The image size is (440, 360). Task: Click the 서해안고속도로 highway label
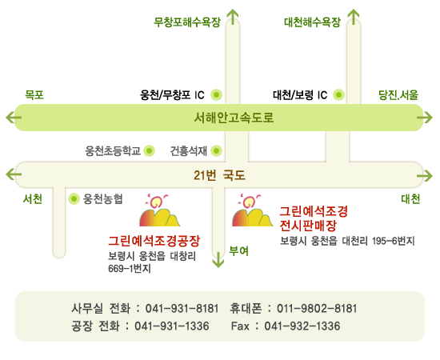[x=234, y=118]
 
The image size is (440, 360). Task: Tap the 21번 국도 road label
[x=219, y=175]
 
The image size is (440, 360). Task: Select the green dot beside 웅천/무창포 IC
[x=216, y=95]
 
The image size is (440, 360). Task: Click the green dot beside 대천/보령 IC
[x=338, y=95]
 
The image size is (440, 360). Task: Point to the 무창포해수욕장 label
[x=187, y=22]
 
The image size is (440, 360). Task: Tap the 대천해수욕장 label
[x=312, y=22]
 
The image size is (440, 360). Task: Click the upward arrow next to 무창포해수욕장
[x=233, y=17]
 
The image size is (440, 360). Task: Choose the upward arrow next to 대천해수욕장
[x=354, y=17]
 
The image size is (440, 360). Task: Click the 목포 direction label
[x=34, y=95]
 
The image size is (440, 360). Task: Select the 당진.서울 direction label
[x=398, y=95]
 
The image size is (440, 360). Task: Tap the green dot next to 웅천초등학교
[x=150, y=151]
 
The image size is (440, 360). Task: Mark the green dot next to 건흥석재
[x=216, y=151]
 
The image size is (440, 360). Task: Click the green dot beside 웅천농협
[x=74, y=199]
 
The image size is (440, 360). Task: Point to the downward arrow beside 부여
[x=218, y=260]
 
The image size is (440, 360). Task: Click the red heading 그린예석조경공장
[x=154, y=241]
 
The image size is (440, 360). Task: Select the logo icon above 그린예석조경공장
[x=160, y=210]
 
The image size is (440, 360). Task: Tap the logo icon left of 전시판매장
[x=252, y=210]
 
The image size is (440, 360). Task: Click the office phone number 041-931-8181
[x=182, y=308]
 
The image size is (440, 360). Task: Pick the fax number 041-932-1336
[x=302, y=326]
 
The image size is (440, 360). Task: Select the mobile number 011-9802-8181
[x=317, y=308]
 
